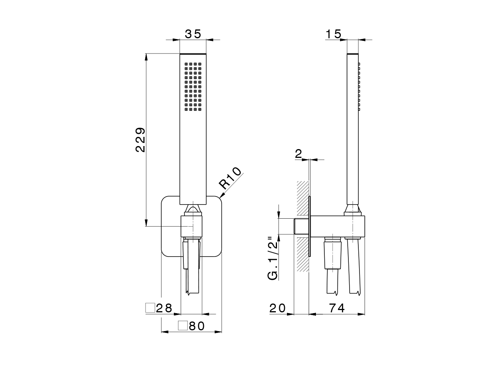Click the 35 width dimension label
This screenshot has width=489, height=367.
coord(193,34)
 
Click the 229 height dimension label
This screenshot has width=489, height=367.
coord(140,140)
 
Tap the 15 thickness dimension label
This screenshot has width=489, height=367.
coord(333,34)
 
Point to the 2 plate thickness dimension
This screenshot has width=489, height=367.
coord(299,154)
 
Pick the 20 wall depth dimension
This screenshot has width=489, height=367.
coord(277,308)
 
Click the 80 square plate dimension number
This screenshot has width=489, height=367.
coord(197,326)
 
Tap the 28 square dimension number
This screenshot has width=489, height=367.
coord(164,308)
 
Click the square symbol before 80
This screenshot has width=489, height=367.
coord(183,326)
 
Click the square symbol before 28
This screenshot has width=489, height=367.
coord(150,308)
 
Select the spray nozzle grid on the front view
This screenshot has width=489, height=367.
coord(193,87)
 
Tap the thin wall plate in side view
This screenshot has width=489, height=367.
coord(310,226)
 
